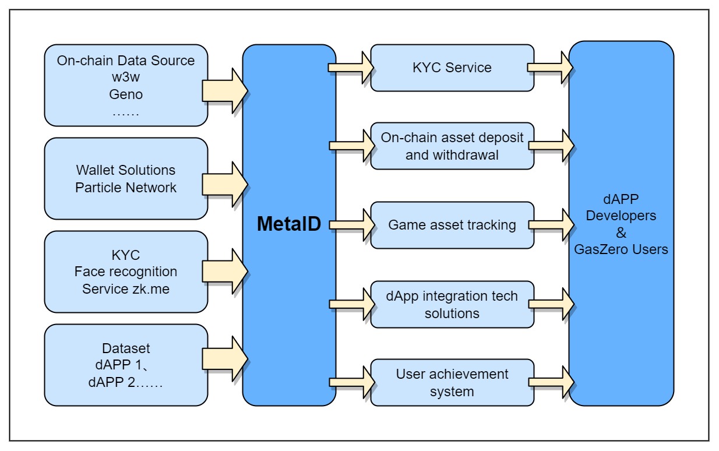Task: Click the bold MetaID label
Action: pos(289,224)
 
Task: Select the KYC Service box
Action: pos(452,68)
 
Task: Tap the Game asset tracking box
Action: pos(452,225)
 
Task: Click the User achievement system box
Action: pos(452,383)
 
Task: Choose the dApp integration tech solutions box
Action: pos(452,304)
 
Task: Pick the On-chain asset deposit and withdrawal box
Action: pos(452,146)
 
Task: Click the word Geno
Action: pos(126,94)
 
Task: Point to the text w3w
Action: pos(126,77)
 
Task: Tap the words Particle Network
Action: pos(126,188)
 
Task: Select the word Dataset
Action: pos(126,348)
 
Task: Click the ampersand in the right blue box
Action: pos(621,232)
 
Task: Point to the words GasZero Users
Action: pos(621,249)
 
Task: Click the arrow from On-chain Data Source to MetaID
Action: pos(225,91)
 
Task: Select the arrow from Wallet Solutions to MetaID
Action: pos(225,184)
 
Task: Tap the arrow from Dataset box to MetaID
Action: pos(225,359)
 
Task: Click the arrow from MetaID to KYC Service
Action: pos(351,68)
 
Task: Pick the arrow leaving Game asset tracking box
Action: pos(551,225)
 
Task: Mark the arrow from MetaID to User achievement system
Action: pos(352,382)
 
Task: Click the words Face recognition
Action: pos(126,272)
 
